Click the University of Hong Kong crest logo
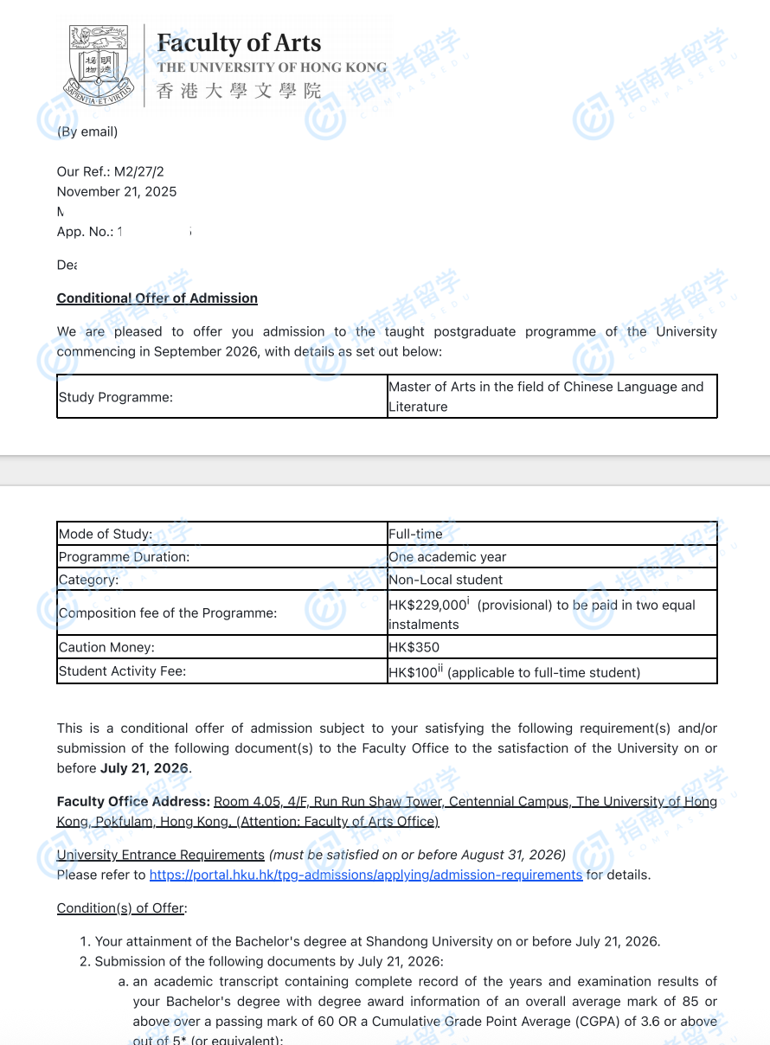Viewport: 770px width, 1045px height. [100, 65]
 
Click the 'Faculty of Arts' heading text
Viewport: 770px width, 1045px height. [239, 43]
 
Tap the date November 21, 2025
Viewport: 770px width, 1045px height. [117, 192]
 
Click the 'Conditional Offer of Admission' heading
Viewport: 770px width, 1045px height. [157, 298]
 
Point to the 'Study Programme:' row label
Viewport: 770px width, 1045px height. [116, 398]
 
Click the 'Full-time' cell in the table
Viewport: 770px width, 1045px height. [415, 534]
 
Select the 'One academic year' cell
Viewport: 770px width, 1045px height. [447, 557]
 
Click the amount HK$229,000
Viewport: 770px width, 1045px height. [427, 606]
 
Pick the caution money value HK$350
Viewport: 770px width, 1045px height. [414, 647]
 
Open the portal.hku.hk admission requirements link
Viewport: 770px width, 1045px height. [366, 875]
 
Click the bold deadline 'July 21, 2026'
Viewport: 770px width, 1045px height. [144, 768]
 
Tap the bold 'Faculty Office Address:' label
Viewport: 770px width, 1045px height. [133, 801]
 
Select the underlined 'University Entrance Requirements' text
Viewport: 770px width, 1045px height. [161, 855]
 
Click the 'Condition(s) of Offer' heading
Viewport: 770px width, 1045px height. [121, 908]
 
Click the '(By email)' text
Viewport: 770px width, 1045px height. [87, 131]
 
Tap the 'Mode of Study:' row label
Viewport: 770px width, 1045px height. [106, 534]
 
